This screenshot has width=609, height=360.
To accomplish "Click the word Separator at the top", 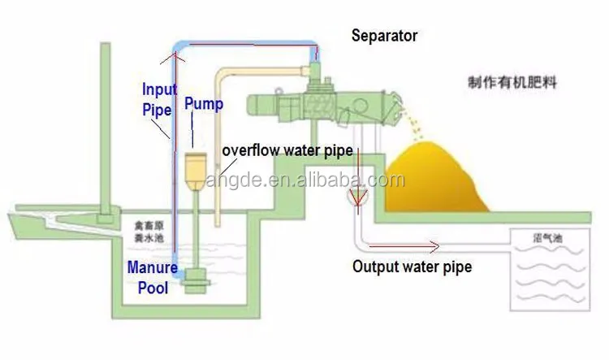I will click(384, 36).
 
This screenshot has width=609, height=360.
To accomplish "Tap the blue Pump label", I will click(199, 103).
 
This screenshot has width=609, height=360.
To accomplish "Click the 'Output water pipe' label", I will click(412, 266).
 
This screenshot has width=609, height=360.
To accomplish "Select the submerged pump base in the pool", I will click(195, 281).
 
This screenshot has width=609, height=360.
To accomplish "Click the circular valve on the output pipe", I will click(356, 197).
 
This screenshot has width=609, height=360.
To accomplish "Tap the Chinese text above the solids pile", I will click(512, 83).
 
